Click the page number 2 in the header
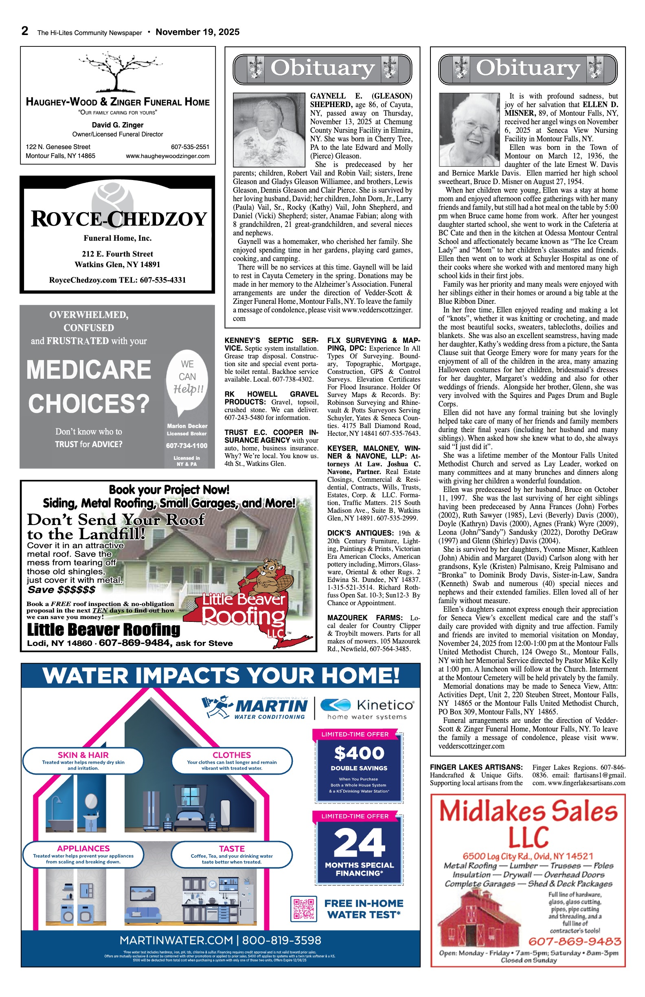[x=25, y=31]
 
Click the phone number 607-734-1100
[x=187, y=446]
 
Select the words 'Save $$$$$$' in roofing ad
[x=61, y=590]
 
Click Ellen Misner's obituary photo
[x=469, y=130]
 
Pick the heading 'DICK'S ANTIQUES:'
[x=361, y=533]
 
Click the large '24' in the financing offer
[x=359, y=842]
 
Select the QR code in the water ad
[x=304, y=909]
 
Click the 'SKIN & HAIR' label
[x=83, y=755]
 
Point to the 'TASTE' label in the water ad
[x=232, y=849]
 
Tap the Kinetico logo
[x=367, y=709]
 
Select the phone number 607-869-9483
[x=574, y=941]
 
